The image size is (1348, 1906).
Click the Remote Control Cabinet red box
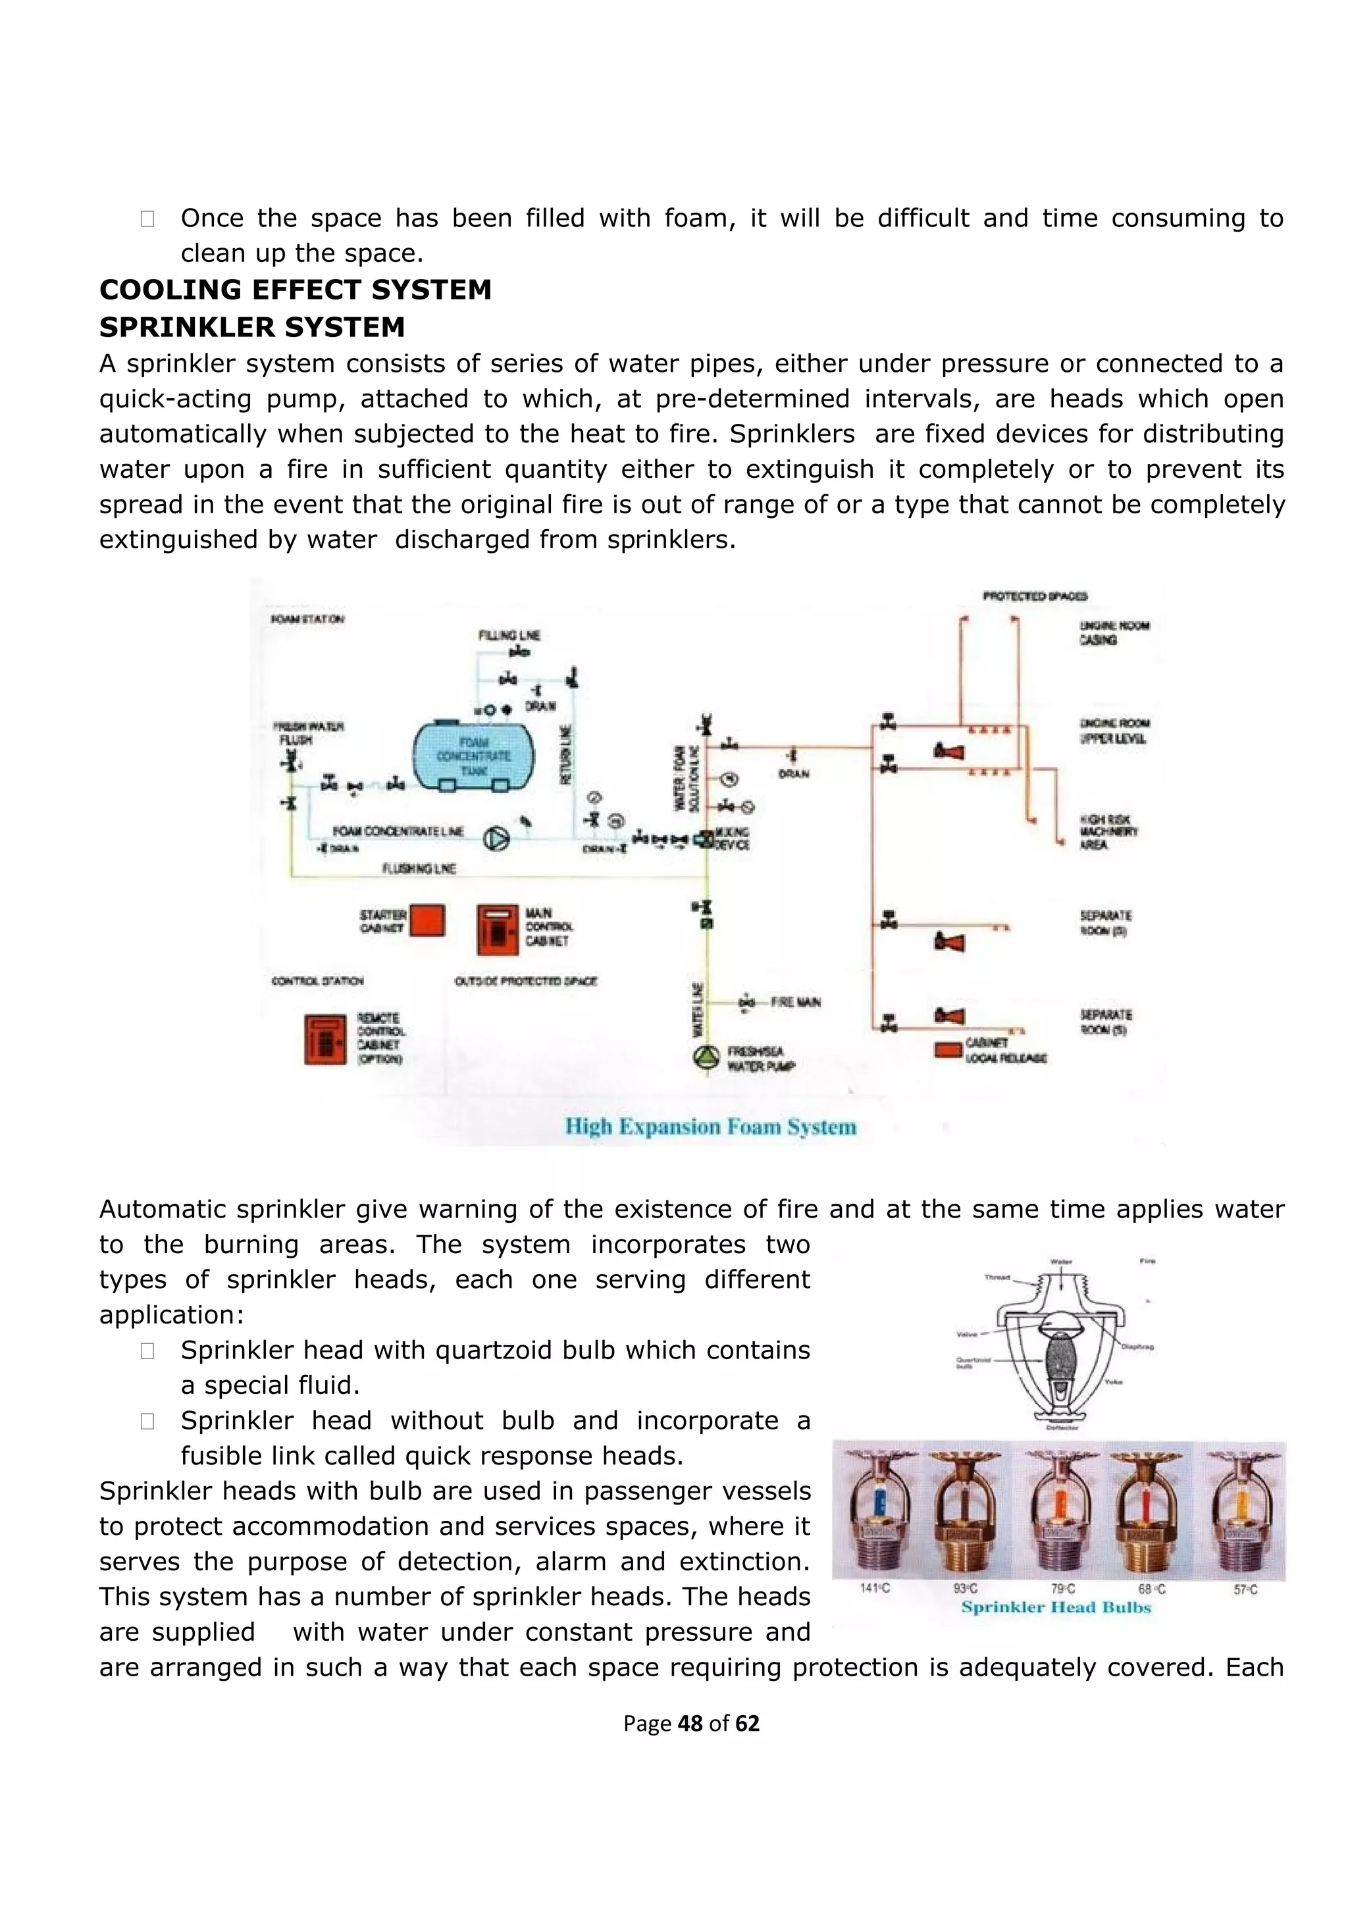pyautogui.click(x=324, y=1039)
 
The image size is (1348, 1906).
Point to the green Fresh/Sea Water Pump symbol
pyautogui.click(x=706, y=1058)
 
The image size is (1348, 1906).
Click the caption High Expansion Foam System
pyautogui.click(x=710, y=1127)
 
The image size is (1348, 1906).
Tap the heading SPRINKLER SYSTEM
pyautogui.click(x=252, y=327)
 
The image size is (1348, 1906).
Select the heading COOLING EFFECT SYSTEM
pyautogui.click(x=296, y=290)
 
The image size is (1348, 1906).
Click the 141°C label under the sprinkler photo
pyautogui.click(x=875, y=1588)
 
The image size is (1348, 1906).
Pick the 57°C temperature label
pyautogui.click(x=1245, y=1589)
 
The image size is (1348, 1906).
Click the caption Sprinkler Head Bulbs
pyautogui.click(x=1056, y=1607)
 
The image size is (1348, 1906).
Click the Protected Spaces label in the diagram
pyautogui.click(x=1035, y=596)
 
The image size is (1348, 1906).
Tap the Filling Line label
pyautogui.click(x=509, y=635)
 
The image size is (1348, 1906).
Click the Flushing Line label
pyautogui.click(x=419, y=868)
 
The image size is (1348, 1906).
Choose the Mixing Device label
pyautogui.click(x=731, y=838)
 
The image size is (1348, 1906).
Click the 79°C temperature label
pyautogui.click(x=1063, y=1588)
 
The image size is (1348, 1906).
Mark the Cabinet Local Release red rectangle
pyautogui.click(x=948, y=1050)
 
